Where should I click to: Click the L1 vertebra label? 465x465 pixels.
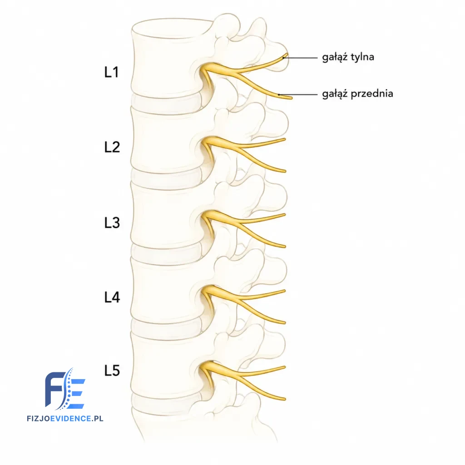coord(112,72)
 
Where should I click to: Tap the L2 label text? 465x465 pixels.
coord(112,147)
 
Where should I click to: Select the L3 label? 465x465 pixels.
coord(112,223)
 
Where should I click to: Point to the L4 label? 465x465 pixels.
coord(112,297)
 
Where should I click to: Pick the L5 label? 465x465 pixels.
coord(112,371)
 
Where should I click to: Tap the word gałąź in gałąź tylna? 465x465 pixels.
coord(335,57)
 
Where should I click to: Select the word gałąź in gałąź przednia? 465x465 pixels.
coord(335,94)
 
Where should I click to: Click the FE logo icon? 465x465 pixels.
coord(65,389)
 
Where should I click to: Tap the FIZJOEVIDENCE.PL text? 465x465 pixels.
coord(65,418)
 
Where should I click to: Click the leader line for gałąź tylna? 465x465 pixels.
coord(300,58)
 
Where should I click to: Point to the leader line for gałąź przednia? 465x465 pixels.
coord(298,94)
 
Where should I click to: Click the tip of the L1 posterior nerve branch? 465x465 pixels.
coord(287,54)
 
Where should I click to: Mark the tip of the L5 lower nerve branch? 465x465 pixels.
coord(285,399)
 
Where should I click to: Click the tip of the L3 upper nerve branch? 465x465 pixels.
coord(285,214)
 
